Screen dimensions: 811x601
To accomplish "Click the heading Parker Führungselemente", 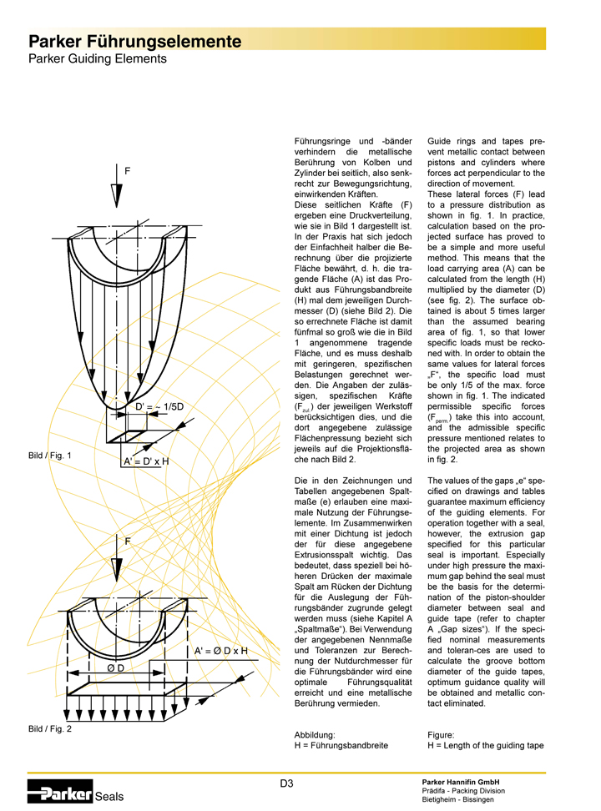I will [135, 41].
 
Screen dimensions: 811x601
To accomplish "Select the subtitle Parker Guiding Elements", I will [98, 59].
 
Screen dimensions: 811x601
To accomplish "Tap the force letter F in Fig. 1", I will [127, 171].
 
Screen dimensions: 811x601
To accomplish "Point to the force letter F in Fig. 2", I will [127, 542].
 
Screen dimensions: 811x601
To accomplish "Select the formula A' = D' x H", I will [146, 461].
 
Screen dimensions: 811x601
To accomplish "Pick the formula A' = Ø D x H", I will [221, 651].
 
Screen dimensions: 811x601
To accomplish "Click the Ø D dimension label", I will [115, 668].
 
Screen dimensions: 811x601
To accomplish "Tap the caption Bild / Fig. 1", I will [50, 456].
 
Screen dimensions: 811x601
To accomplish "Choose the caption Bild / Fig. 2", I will [50, 729].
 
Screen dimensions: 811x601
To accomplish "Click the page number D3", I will [286, 782].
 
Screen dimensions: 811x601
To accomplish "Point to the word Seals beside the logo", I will [109, 797].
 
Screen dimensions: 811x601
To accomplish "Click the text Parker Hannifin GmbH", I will [458, 780].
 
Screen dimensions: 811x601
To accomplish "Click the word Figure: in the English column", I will [442, 735].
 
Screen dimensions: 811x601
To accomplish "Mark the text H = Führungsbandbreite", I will [341, 746].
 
